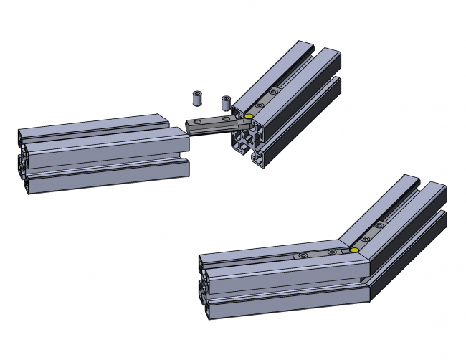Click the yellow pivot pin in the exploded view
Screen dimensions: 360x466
[248, 117]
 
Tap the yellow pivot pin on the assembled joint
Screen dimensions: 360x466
[354, 250]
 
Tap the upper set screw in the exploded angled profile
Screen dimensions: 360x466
[272, 92]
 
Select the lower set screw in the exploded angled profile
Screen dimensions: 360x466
[259, 105]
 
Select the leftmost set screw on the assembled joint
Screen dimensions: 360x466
[303, 255]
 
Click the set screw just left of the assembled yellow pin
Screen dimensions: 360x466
[331, 252]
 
